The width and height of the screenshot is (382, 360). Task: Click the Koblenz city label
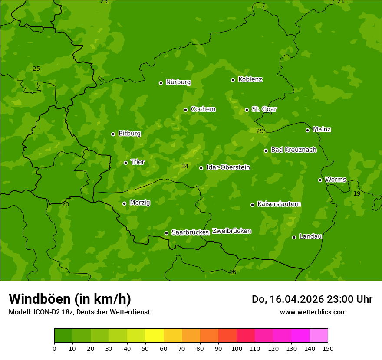[250, 79]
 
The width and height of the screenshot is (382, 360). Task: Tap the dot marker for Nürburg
[161, 83]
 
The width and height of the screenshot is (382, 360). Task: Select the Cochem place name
[203, 109]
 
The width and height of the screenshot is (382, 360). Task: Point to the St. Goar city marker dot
[247, 110]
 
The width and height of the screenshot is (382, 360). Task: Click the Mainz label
[322, 129]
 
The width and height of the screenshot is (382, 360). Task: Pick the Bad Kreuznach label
[293, 150]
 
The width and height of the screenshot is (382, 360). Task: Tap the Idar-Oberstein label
[228, 167]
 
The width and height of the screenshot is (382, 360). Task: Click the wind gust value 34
[185, 167]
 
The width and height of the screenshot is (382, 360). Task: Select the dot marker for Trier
[125, 163]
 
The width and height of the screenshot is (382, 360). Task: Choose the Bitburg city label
[129, 134]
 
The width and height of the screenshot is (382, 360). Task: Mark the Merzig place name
[140, 203]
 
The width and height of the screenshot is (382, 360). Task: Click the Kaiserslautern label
[279, 204]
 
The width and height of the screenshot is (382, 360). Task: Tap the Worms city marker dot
[320, 180]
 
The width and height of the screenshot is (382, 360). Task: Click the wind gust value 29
[260, 131]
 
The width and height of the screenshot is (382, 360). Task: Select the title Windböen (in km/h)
[70, 299]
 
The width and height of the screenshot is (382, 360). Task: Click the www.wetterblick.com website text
[313, 312]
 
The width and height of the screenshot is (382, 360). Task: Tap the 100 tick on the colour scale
[237, 348]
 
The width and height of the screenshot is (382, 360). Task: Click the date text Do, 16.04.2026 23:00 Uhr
[312, 299]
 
